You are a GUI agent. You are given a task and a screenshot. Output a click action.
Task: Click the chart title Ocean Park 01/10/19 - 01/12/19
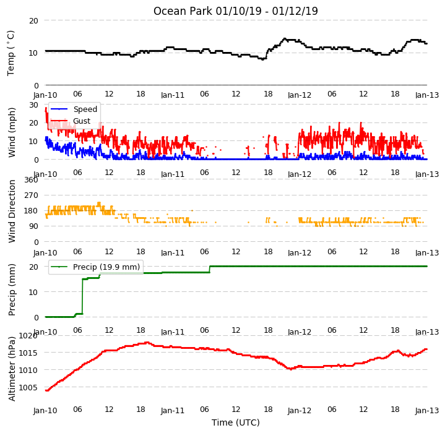click(x=236, y=11)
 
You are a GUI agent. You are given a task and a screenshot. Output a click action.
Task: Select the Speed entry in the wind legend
click(x=74, y=109)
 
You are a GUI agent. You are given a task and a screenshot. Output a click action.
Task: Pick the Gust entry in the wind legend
click(x=71, y=121)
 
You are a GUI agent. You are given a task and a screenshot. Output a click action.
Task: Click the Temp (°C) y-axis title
click(x=11, y=53)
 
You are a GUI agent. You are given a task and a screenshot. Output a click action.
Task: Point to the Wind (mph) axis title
click(x=11, y=132)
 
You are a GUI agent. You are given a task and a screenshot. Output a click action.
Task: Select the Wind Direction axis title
click(x=12, y=212)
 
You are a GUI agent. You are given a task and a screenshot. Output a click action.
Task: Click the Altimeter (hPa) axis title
click(x=11, y=369)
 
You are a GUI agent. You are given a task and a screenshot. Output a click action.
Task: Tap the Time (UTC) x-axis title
click(x=236, y=422)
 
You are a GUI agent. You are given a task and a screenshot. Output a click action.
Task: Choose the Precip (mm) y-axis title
click(x=11, y=290)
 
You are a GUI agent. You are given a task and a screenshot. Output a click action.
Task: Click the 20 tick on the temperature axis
click(x=33, y=20)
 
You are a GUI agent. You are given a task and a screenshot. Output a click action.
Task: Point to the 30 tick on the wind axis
click(x=33, y=105)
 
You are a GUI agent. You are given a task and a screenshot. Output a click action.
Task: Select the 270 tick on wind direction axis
click(x=31, y=195)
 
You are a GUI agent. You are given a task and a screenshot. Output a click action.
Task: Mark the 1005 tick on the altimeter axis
click(x=28, y=387)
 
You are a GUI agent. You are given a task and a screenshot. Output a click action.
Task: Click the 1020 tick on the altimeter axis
click(x=28, y=336)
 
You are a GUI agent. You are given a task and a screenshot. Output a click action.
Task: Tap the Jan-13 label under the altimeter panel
click(x=427, y=410)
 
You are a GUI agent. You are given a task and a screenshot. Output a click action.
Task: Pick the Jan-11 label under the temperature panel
click(x=173, y=95)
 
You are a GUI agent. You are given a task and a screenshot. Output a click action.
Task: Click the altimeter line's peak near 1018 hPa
click(x=147, y=343)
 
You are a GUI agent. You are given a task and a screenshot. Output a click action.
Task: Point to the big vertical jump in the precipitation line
click(x=82, y=296)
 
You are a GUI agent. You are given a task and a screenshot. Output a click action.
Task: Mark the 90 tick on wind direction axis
click(x=33, y=226)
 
